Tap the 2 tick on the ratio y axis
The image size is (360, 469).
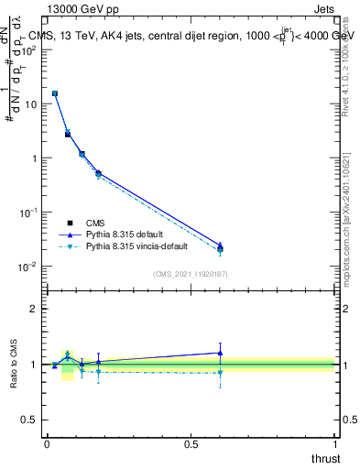click(x=35, y=309)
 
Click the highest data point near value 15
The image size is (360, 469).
click(x=55, y=93)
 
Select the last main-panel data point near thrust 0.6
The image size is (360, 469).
click(x=220, y=248)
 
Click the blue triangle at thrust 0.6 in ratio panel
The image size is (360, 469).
click(x=220, y=353)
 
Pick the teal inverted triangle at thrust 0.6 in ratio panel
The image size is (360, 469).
click(x=220, y=373)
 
